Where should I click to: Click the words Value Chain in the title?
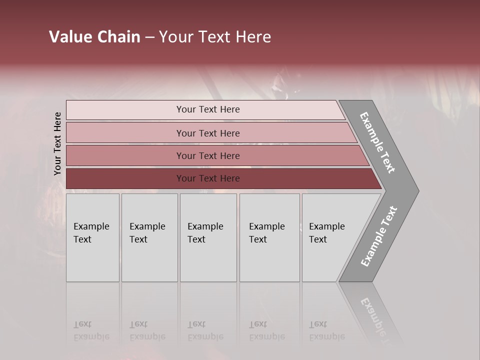point(94,37)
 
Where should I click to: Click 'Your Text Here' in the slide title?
point(215,37)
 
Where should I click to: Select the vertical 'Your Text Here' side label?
point(57,144)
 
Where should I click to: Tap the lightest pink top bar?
point(125,110)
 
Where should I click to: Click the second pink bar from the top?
point(125,133)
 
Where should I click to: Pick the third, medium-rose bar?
point(125,155)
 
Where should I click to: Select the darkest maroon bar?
point(125,178)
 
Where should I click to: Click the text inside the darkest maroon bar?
point(208,178)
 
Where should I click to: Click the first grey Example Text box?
point(92,237)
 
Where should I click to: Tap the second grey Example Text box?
point(149,237)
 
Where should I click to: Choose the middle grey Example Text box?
point(208,237)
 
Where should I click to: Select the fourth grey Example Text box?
point(269,237)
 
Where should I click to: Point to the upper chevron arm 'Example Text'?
point(378,142)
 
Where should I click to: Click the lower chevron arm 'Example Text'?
point(378,236)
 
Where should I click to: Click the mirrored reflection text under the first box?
point(91,330)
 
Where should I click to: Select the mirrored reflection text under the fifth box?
point(326,330)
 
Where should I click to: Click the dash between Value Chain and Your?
point(149,37)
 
